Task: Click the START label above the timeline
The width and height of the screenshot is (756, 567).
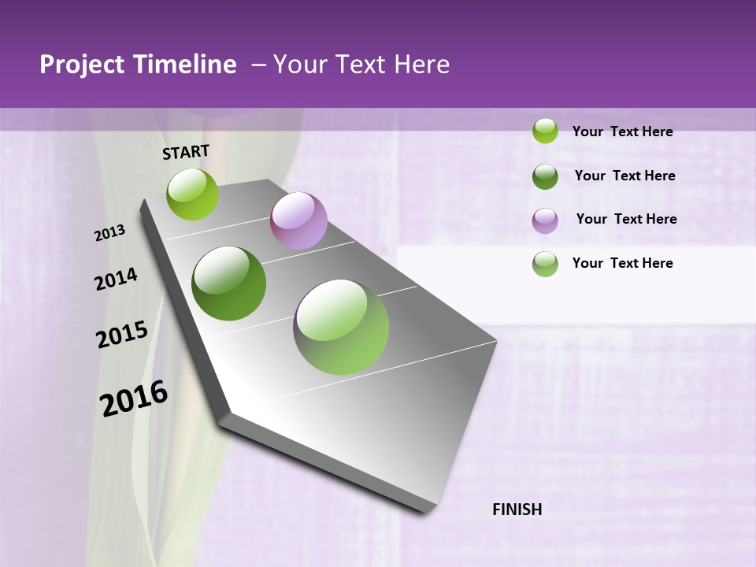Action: (186, 152)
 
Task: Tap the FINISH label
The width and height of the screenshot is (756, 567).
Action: (517, 510)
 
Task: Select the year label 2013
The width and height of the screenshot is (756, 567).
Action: (110, 232)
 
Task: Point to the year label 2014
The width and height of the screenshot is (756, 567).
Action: (116, 279)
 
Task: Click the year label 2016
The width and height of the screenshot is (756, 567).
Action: (134, 398)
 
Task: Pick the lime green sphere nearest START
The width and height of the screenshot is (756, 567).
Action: (192, 194)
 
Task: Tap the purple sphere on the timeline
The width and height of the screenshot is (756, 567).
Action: (298, 220)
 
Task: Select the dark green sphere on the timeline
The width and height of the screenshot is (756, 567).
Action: (229, 283)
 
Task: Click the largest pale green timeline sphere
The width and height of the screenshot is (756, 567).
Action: (341, 327)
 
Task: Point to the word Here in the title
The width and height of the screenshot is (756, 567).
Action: (421, 65)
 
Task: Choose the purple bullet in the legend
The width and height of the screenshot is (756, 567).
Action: (545, 220)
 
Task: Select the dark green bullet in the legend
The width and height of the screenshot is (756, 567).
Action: (545, 176)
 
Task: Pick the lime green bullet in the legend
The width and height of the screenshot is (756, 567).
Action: (545, 131)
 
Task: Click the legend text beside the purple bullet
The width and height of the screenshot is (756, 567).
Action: (626, 219)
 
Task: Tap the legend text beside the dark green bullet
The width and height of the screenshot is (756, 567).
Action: (624, 176)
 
